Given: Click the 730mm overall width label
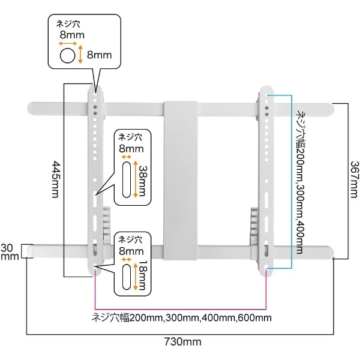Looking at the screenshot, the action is (x=183, y=342).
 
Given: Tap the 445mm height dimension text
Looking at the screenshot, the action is (x=56, y=179).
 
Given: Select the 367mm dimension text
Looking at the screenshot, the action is (x=353, y=179).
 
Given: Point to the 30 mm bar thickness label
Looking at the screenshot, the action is (x=10, y=252).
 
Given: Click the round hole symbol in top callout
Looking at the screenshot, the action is (x=67, y=56).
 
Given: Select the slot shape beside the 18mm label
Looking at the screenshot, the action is (x=127, y=277).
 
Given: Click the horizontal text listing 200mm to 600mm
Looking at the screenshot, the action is (x=181, y=318).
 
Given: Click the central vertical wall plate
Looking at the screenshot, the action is (x=181, y=181).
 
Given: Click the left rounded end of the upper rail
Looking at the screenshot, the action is (x=31, y=109).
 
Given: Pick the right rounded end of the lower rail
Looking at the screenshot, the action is (x=330, y=252).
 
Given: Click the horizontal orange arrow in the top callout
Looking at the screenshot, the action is (x=68, y=43).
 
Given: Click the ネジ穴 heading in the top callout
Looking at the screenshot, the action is (x=68, y=24).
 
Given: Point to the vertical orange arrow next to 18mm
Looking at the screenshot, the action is (x=135, y=277).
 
